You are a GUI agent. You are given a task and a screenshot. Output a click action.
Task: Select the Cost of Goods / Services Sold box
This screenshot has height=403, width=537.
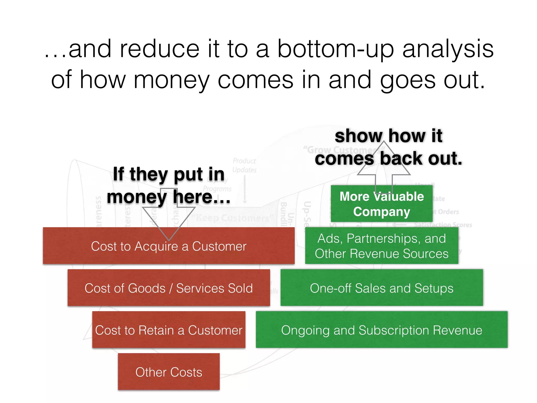169,288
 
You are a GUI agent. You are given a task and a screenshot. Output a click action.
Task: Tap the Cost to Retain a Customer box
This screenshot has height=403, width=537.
169,330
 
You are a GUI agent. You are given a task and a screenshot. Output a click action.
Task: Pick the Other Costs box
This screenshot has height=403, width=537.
169,372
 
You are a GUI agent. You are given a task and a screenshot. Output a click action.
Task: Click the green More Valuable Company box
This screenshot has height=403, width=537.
382,204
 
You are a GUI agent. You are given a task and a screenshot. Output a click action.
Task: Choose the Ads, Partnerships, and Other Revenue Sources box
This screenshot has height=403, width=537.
382,246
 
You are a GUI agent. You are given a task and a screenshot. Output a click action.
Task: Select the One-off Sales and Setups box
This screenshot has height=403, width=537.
382,288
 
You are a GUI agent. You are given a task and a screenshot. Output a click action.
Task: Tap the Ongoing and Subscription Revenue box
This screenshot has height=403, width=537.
382,330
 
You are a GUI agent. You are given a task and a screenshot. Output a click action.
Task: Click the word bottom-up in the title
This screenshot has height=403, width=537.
336,49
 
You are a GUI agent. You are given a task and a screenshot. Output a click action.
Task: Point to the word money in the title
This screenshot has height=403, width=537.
171,80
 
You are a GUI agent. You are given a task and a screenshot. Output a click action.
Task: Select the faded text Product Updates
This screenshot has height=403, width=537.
244,165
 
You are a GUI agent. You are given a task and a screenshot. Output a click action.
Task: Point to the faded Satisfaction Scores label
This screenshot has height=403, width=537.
443,225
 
